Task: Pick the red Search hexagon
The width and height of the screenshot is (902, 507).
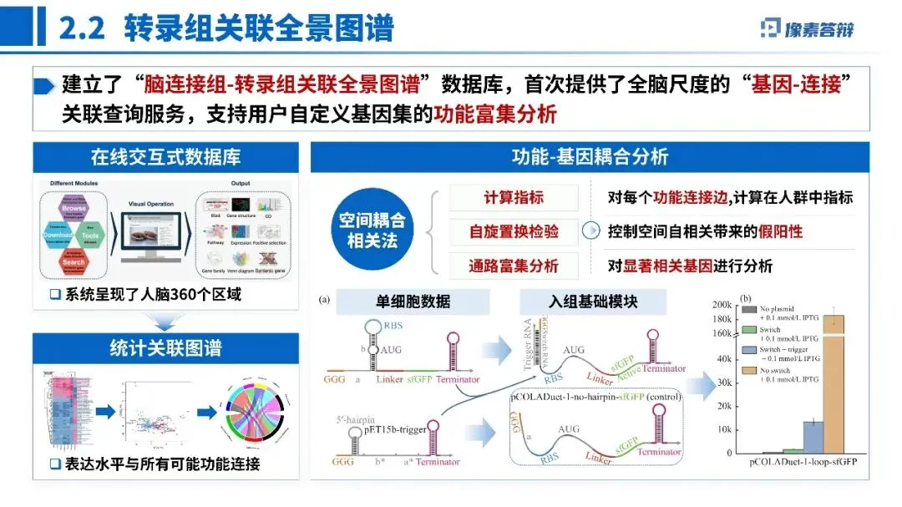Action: [x=73, y=261]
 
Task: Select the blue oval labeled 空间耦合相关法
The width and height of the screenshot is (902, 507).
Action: [x=371, y=231]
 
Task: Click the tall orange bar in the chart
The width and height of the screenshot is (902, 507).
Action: [x=834, y=384]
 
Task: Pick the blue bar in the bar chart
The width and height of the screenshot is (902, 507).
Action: [x=813, y=437]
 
